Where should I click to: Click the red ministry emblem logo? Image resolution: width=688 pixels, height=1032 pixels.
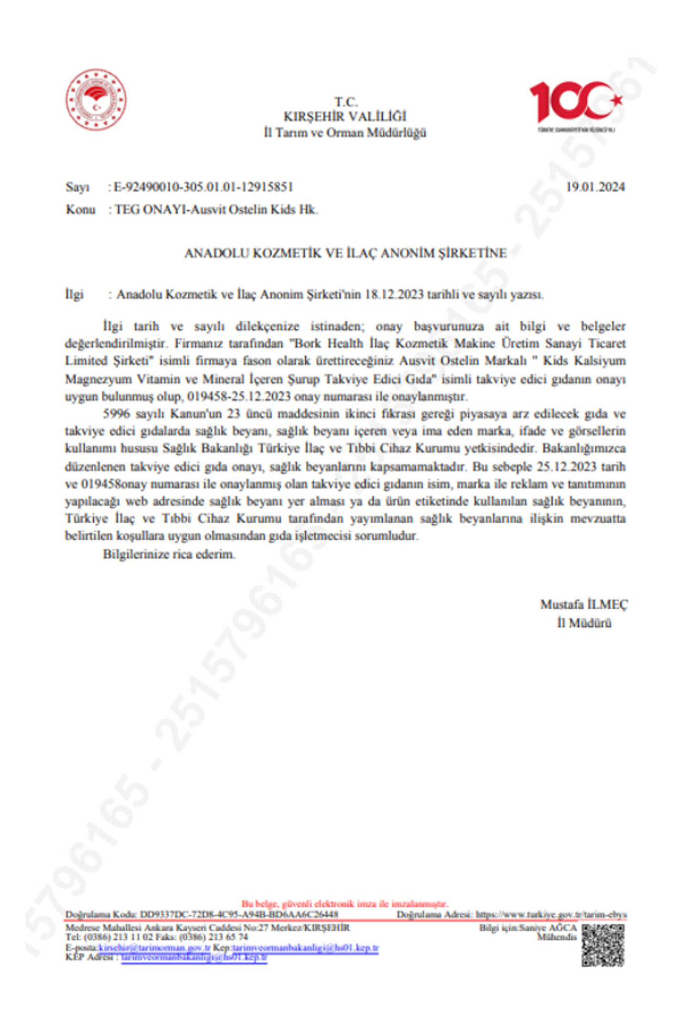pos(96,99)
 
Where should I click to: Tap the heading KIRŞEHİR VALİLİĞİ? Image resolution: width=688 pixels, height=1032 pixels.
pos(344,117)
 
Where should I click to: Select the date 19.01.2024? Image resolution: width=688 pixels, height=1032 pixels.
pos(595,187)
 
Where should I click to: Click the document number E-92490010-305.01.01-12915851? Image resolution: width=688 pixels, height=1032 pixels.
pos(203,187)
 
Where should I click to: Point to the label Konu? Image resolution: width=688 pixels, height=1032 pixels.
pos(80,210)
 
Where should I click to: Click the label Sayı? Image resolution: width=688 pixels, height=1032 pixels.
pos(77,187)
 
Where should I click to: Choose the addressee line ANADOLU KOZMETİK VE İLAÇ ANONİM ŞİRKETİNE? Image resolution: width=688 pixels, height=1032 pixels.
pos(345,253)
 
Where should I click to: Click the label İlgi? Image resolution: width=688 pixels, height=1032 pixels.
pos(74,294)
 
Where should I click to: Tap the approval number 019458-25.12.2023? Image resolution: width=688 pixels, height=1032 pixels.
pos(238,397)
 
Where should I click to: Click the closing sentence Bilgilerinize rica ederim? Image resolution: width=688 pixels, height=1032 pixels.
pos(169,554)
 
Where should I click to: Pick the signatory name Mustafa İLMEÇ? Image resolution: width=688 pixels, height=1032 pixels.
pos(583,604)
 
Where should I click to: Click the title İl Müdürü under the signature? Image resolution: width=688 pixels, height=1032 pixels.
pos(583,623)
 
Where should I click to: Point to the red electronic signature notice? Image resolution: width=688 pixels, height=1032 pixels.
pos(344,903)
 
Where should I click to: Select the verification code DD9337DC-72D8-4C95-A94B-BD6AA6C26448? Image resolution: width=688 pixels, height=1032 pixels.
pos(239,914)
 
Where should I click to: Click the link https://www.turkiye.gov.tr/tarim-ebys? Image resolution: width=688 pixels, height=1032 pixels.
pos(551,914)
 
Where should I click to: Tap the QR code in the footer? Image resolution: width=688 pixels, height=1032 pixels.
pos(602,945)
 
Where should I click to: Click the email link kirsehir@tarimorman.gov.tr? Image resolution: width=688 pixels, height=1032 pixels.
pos(154,947)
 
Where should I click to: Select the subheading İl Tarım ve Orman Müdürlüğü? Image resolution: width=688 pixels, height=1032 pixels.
pos(344,132)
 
